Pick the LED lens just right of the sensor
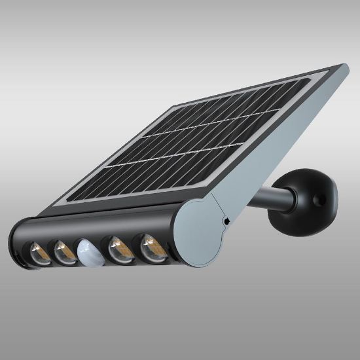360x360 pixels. coord(117,248)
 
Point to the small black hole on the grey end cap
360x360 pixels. coord(226,221)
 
